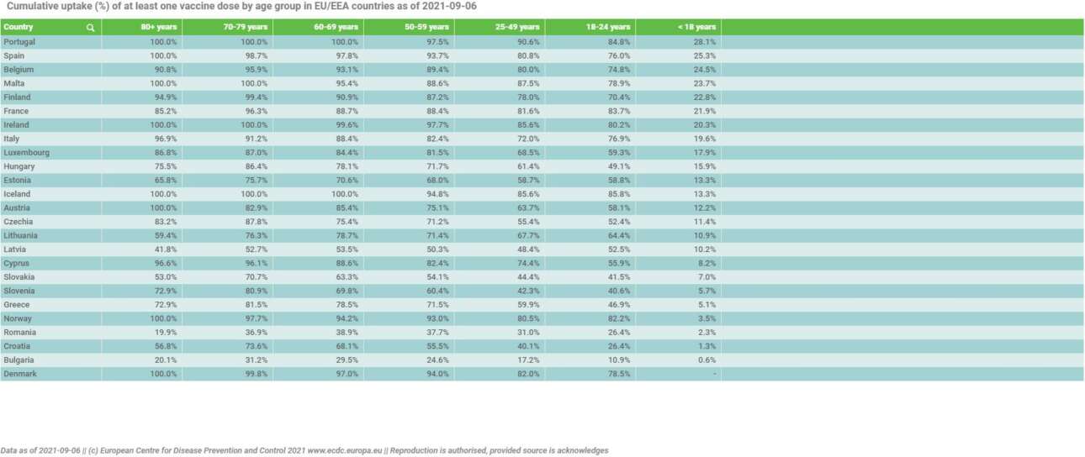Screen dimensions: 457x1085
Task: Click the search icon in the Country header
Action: [90, 28]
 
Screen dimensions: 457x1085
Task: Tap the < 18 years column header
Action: [696, 28]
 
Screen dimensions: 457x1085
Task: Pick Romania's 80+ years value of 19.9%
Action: [164, 332]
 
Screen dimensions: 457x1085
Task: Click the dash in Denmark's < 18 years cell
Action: [714, 373]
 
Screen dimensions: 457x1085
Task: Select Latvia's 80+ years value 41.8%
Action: [164, 250]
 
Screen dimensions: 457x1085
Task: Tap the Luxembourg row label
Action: [26, 153]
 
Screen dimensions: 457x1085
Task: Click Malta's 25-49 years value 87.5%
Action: [527, 83]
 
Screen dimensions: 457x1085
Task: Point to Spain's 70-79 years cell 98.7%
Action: [254, 55]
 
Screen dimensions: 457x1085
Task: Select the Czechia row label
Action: [19, 222]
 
